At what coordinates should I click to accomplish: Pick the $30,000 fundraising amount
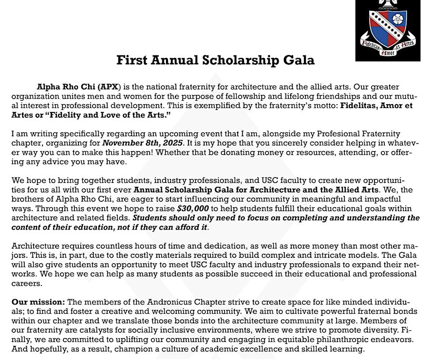click(193, 208)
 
